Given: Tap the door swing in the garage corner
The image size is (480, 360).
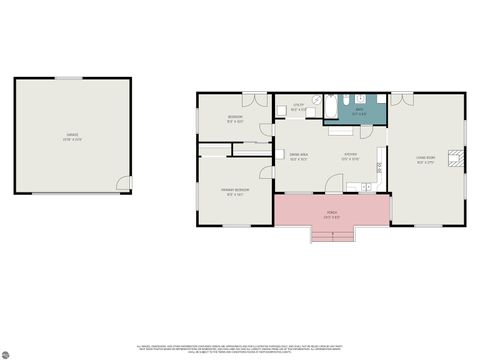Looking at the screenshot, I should tap(124, 184).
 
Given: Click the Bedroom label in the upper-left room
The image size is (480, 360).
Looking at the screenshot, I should tap(235, 120).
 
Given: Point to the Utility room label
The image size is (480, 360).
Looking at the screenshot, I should tap(298, 107).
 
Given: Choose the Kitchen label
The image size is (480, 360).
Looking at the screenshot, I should tap(350, 156).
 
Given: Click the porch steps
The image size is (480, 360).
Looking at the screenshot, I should tap(332, 236).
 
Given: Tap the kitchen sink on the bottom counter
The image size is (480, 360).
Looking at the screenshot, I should tap(366, 188).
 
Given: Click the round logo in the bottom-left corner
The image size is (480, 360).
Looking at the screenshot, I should tap(6, 354).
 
